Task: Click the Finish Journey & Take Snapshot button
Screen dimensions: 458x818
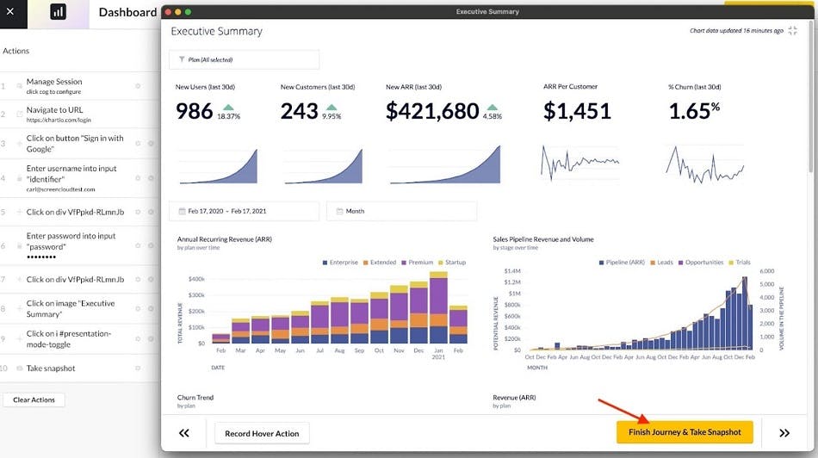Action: tap(685, 432)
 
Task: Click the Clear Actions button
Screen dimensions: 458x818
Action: tap(34, 399)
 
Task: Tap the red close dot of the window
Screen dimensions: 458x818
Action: tap(168, 12)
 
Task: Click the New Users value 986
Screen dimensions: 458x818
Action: tap(194, 111)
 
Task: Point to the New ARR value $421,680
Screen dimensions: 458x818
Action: tap(432, 111)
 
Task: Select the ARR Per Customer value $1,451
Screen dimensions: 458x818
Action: tap(577, 111)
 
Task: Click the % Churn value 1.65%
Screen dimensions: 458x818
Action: tap(694, 110)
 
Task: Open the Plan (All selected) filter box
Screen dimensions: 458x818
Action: tap(244, 59)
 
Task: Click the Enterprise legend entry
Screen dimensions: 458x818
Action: tap(343, 262)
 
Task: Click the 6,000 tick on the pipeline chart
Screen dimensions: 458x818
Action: tap(768, 270)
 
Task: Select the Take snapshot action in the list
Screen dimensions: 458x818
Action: tap(51, 368)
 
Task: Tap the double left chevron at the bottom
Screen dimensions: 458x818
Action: tap(183, 433)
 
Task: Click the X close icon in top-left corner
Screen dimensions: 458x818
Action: tap(11, 12)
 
